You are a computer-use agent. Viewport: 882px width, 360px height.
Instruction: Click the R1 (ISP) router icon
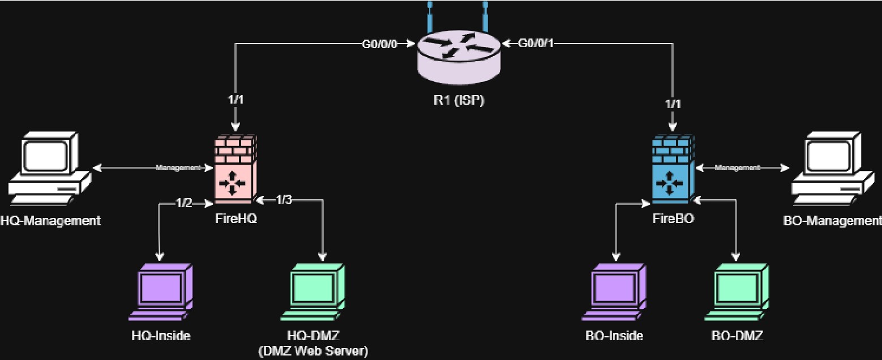point(459,54)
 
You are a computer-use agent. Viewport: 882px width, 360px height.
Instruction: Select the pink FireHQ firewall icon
point(233,169)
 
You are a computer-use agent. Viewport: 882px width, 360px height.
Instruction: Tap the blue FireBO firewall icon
point(671,169)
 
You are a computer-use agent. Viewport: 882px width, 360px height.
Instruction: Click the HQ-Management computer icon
point(50,169)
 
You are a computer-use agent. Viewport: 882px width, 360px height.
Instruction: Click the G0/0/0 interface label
point(380,43)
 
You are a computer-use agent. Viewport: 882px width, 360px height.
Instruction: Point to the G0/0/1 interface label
point(536,43)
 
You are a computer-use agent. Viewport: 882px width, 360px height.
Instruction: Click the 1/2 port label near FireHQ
point(184,203)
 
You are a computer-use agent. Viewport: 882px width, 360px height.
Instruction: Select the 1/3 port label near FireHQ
point(284,199)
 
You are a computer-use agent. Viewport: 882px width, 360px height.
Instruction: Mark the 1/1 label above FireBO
point(673,103)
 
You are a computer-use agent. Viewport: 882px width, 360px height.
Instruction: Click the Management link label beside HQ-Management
point(178,168)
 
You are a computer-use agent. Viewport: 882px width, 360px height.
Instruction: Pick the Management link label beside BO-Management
point(737,168)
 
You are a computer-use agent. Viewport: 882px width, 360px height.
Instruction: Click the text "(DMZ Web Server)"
point(313,351)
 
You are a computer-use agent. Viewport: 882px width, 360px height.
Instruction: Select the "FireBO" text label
point(673,219)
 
